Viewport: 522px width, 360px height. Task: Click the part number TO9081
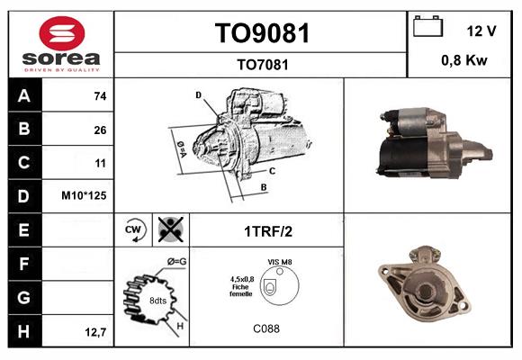pos(262,34)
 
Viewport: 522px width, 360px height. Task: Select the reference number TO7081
pos(262,64)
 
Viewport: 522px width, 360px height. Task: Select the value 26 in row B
pos(99,130)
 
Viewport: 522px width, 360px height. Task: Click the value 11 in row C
pos(99,164)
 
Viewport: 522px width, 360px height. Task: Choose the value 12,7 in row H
pos(96,332)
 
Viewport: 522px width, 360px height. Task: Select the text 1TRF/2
pos(267,231)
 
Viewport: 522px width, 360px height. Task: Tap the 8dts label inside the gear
pos(157,301)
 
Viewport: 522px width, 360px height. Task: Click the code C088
pos(265,329)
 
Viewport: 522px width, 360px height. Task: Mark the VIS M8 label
pos(279,262)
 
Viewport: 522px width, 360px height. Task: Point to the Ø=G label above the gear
pos(176,262)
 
